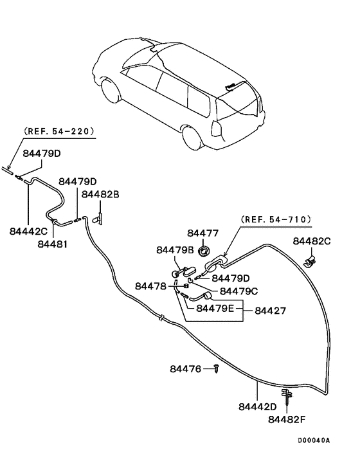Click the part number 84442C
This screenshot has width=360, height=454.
click(29, 230)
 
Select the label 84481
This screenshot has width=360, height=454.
click(51, 244)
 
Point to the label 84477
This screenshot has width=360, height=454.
click(203, 233)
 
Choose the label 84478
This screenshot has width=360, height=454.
click(150, 286)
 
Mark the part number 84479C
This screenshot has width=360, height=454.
click(239, 291)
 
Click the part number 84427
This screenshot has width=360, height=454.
click(270, 310)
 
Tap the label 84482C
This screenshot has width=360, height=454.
click(312, 241)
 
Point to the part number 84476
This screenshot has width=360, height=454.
click(186, 368)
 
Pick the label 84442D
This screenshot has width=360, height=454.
click(257, 406)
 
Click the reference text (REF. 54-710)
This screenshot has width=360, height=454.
click(275, 219)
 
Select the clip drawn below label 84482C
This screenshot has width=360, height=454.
click(310, 260)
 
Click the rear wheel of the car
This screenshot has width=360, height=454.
click(191, 138)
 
